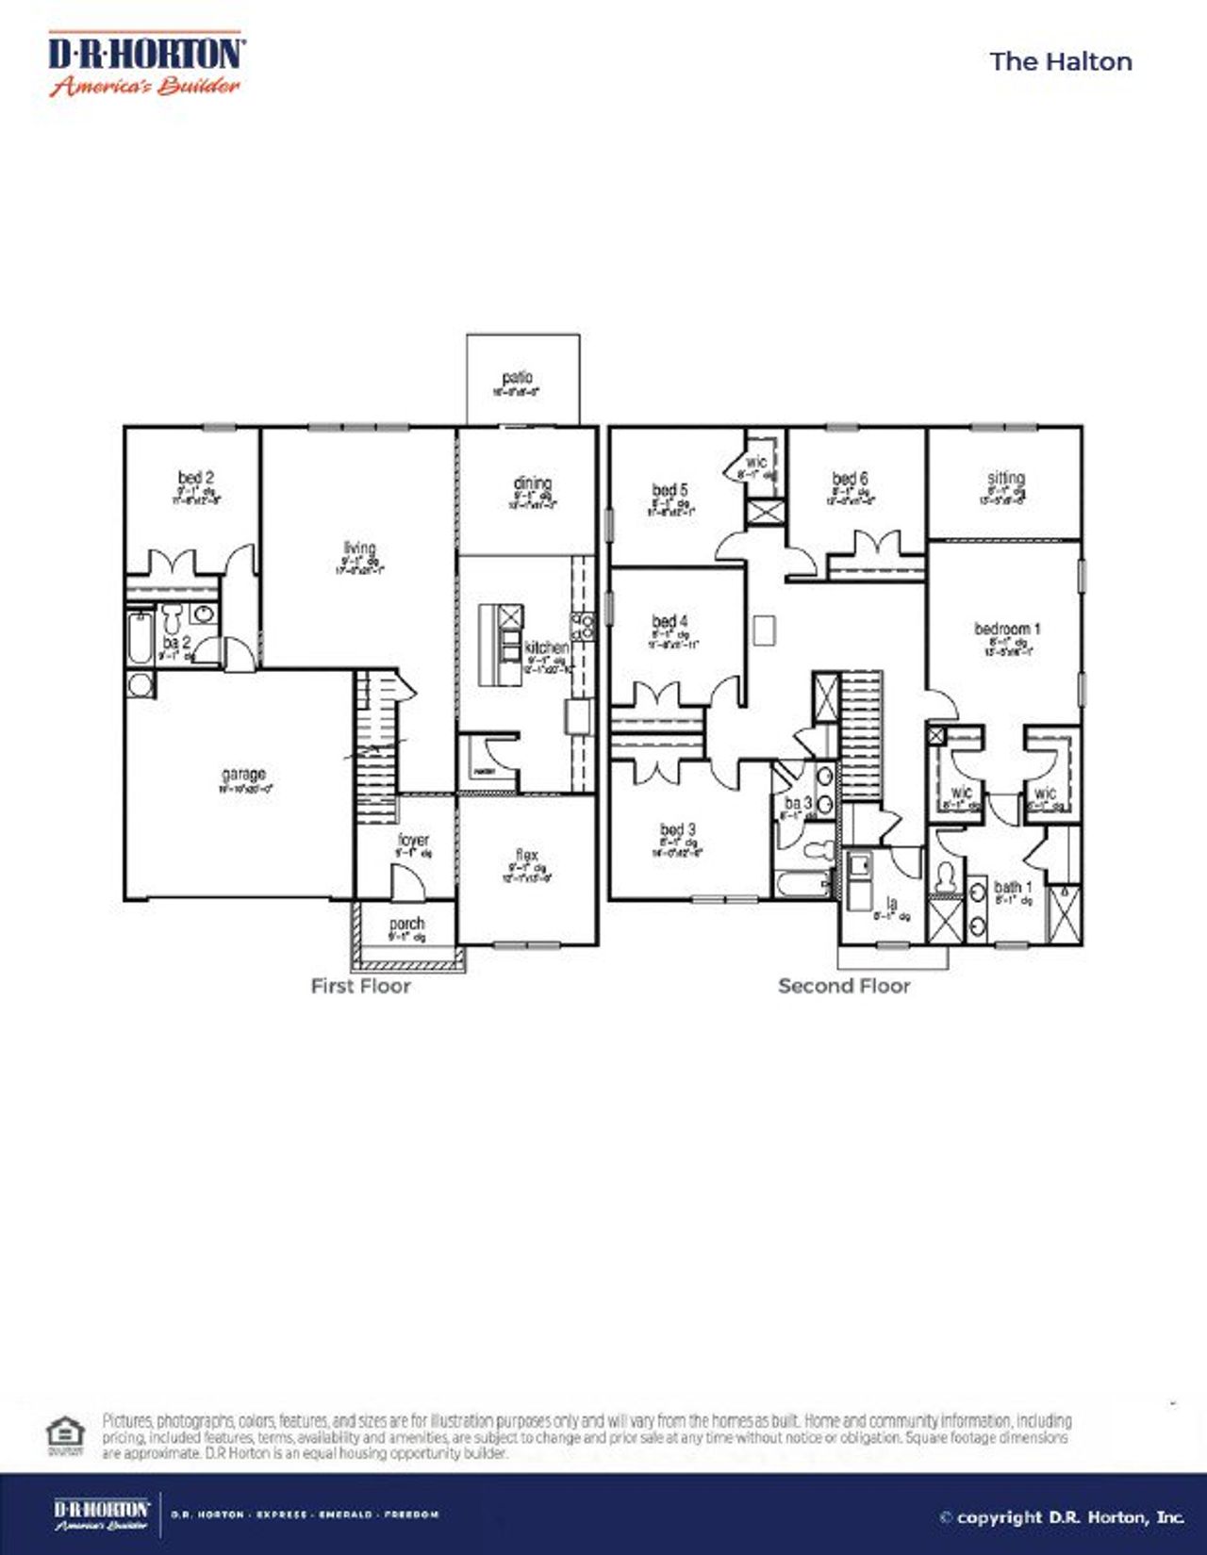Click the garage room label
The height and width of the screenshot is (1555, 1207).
pos(243,775)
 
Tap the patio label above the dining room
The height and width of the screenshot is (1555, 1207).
pos(517,378)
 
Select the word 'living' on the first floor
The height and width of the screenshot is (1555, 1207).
pos(359,548)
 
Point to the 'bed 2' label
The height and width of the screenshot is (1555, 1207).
pos(195,478)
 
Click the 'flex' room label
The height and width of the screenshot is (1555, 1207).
pos(526,856)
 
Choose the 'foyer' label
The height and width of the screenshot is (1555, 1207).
pos(413,839)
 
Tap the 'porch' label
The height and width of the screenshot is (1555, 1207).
pos(406,924)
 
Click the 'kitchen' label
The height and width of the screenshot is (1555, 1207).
pos(547,647)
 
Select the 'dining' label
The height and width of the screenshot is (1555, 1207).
pos(533,483)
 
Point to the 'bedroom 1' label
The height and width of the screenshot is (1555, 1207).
pos(1007,629)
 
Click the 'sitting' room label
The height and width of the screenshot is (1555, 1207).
pos(1006,478)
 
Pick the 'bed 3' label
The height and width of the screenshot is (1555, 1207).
pos(678,830)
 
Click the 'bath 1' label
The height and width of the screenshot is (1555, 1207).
pos(1013,887)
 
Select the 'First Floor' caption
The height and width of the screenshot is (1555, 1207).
pos(361,986)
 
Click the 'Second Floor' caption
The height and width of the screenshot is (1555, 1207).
pos(844,986)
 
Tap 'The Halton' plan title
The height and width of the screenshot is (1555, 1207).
pos(1061,61)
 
